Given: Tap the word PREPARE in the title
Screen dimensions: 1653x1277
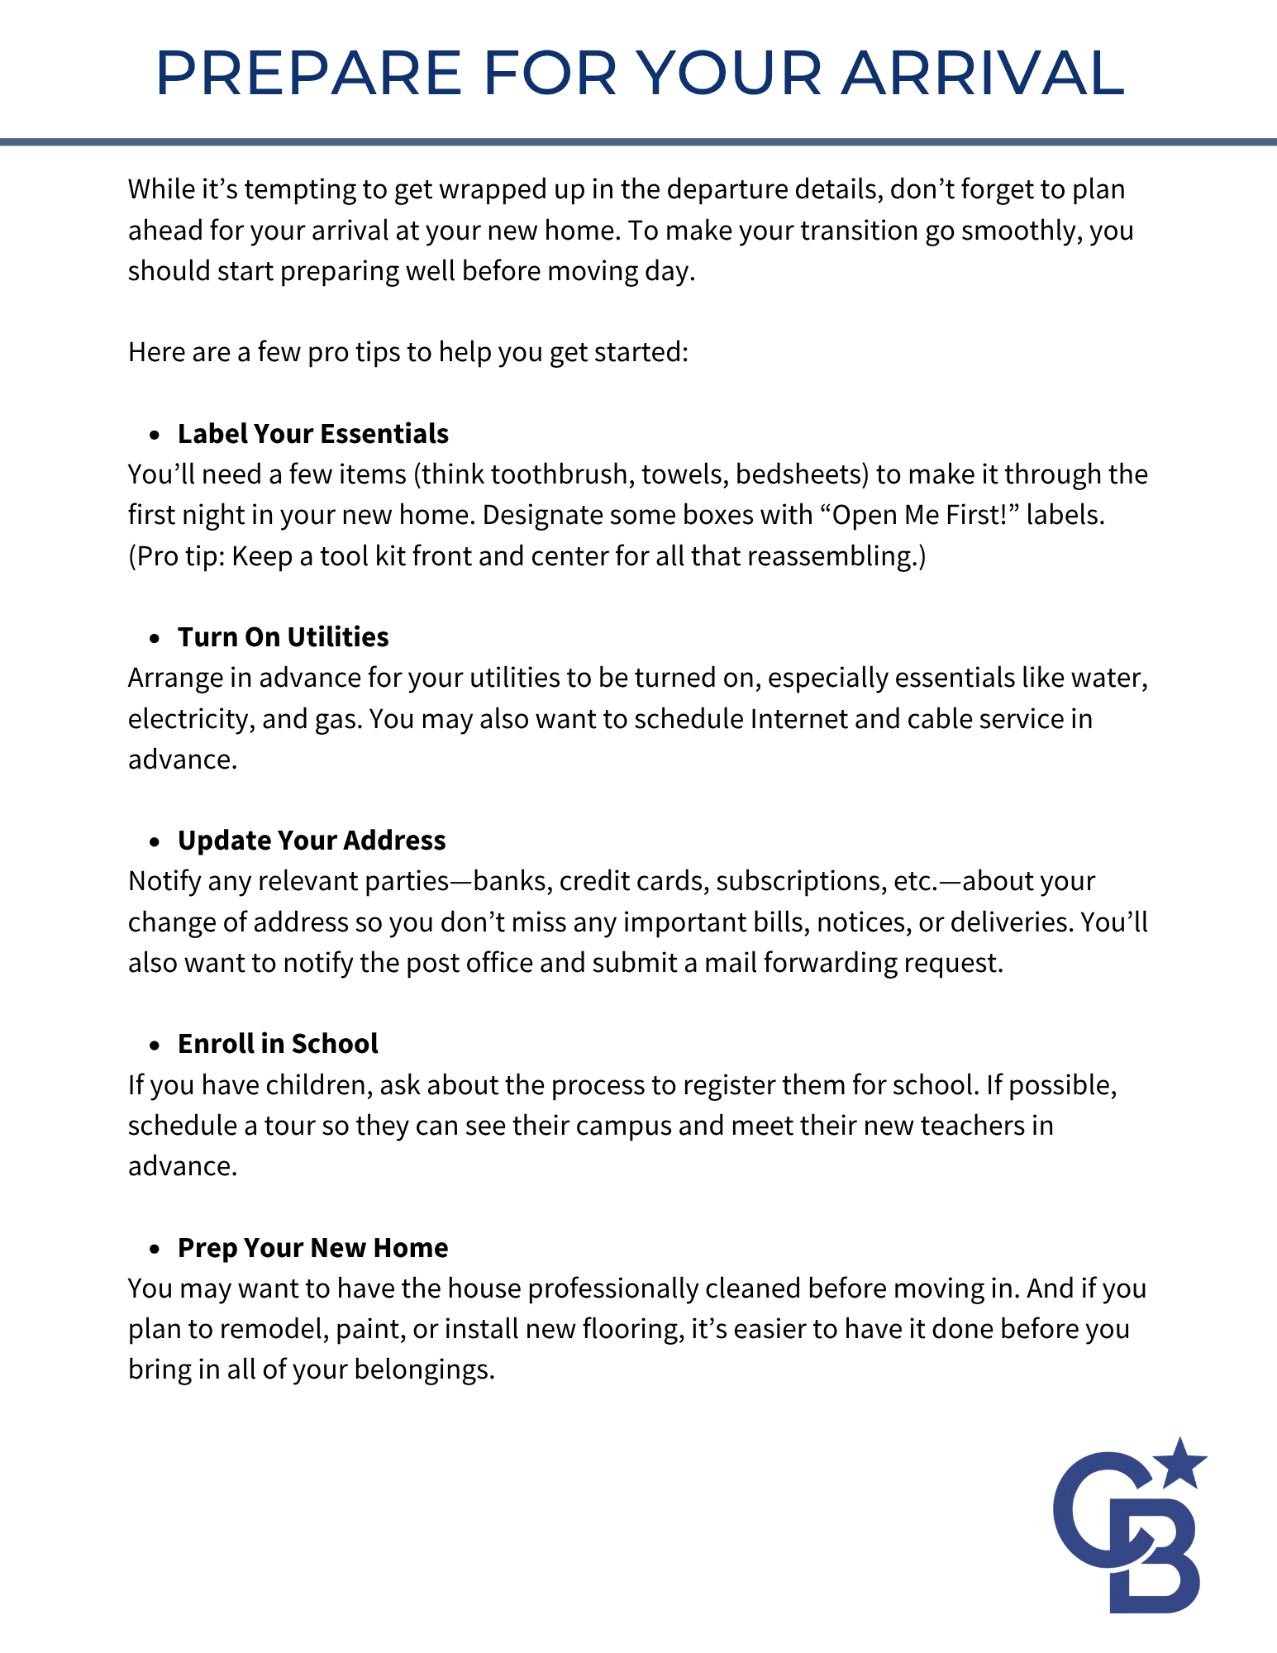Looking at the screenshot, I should pyautogui.click(x=308, y=73).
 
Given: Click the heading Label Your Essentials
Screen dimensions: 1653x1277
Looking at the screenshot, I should pyautogui.click(x=313, y=434).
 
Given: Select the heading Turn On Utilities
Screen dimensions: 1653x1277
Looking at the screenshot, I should pyautogui.click(x=284, y=637).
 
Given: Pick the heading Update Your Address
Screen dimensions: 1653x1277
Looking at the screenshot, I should pyautogui.click(x=312, y=841).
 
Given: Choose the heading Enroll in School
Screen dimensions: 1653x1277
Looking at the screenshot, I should pyautogui.click(x=278, y=1044).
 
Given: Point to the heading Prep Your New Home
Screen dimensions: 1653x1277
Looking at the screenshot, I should pyautogui.click(x=312, y=1247).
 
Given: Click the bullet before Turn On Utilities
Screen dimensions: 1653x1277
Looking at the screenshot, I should pyautogui.click(x=154, y=639).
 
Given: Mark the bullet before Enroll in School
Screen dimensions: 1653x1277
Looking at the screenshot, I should pyautogui.click(x=154, y=1046).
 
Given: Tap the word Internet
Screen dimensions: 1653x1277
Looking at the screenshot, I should pyautogui.click(x=798, y=719).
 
